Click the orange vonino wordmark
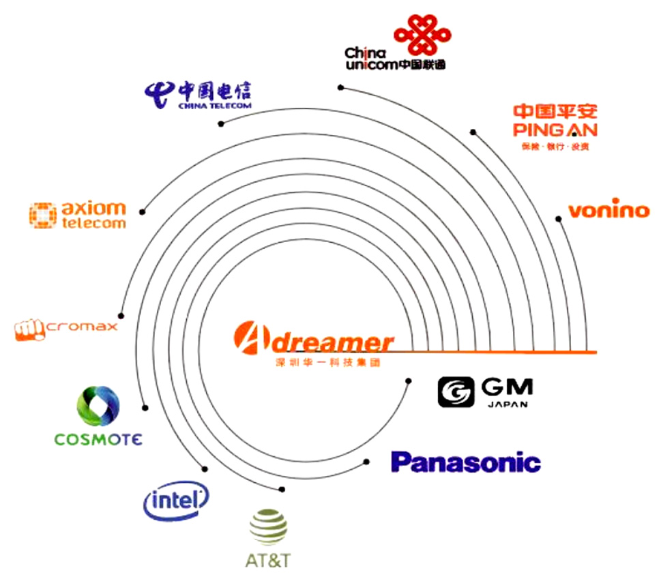tap(608, 209)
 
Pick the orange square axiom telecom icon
tap(42, 214)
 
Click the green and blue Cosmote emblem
tap(98, 407)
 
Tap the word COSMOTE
tap(98, 439)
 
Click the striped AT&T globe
tap(268, 528)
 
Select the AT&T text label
tap(268, 561)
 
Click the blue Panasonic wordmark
tap(465, 462)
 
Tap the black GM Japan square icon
tap(456, 392)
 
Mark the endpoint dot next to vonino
tap(559, 219)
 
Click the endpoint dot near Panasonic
tap(366, 462)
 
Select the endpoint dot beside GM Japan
tap(408, 381)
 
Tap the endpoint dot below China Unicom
tap(340, 87)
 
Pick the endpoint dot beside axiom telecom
tap(143, 210)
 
